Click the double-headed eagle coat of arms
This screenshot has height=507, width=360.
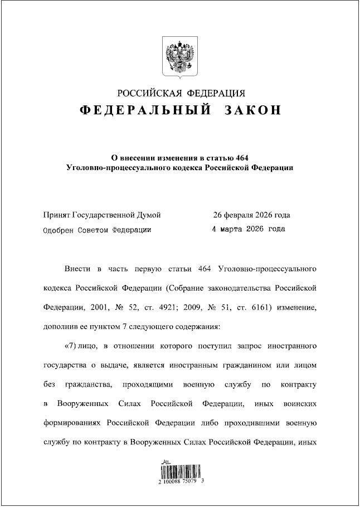(180, 56)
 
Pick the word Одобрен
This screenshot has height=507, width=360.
(58, 229)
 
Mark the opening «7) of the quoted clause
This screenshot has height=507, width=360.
(75, 346)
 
